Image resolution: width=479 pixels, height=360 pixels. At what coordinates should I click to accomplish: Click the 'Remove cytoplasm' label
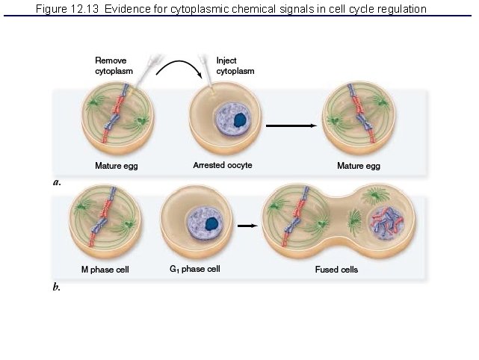click(111, 66)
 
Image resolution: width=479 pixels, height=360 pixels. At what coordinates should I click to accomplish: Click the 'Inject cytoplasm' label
click(235, 66)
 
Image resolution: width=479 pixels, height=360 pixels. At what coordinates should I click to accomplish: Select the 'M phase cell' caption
click(105, 269)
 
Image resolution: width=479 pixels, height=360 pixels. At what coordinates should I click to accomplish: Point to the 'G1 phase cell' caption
click(194, 269)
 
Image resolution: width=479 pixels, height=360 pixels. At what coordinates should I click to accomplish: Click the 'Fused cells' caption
click(336, 269)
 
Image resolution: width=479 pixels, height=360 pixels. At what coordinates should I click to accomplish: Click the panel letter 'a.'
click(57, 181)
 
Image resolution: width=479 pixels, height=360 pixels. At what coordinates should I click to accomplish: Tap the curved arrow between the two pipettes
click(179, 66)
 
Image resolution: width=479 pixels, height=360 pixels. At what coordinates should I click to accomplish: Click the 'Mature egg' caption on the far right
click(358, 166)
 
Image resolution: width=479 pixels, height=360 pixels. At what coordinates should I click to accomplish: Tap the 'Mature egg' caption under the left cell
click(116, 166)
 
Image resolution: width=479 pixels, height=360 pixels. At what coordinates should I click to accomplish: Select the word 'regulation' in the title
click(401, 9)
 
